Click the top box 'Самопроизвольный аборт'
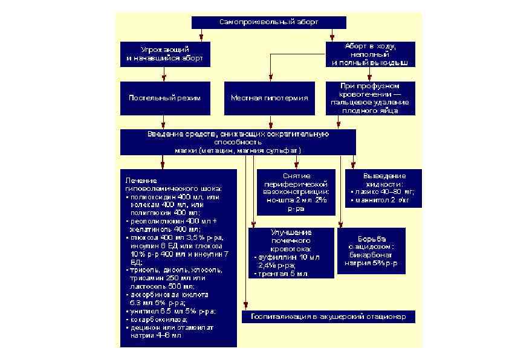click(268, 22)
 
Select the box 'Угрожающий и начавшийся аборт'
click(165, 54)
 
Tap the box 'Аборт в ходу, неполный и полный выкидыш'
click(370, 54)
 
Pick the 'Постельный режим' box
click(165, 98)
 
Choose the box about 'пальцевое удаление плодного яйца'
click(370, 98)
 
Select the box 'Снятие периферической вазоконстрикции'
click(296, 192)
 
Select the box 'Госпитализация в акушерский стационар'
click(329, 317)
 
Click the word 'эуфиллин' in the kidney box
click(276, 257)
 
